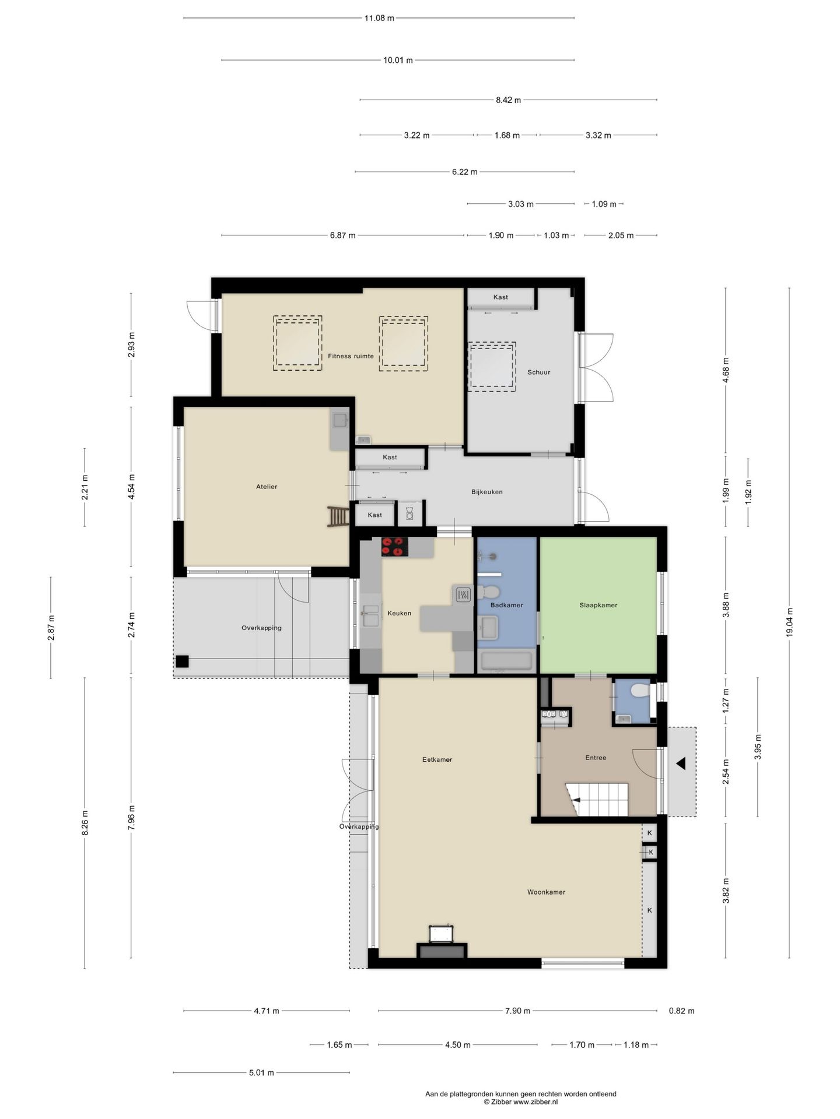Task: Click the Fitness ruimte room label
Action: tap(351, 356)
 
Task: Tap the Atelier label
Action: tap(267, 487)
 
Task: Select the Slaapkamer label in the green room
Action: tap(598, 605)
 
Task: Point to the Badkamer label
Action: tap(506, 605)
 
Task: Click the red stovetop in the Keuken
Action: tap(395, 547)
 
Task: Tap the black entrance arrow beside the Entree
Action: tap(680, 763)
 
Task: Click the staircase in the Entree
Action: tap(596, 799)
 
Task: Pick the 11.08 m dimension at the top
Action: tap(379, 18)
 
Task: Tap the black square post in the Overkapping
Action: tap(182, 661)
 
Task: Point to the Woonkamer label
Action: tap(546, 892)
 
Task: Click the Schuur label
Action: tap(538, 372)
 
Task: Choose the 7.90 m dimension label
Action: tap(517, 1011)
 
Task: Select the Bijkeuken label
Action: tap(487, 492)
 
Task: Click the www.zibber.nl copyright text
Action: tap(520, 1102)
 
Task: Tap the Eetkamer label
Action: tap(437, 759)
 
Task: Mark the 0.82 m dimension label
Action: tap(681, 1011)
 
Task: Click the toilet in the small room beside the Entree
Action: tap(639, 691)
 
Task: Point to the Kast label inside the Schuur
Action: tap(501, 297)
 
